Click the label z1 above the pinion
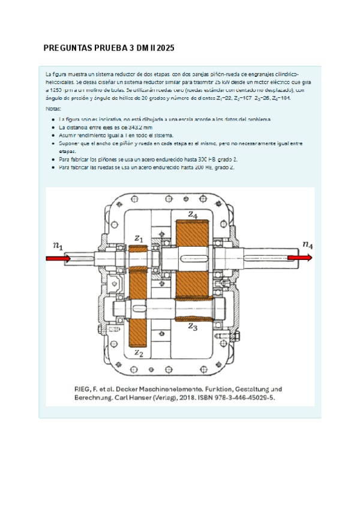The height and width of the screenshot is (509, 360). pos(139,239)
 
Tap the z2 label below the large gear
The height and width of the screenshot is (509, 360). pos(139,354)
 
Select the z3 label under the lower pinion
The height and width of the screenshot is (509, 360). pos(192,327)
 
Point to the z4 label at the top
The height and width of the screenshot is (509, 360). pos(192,214)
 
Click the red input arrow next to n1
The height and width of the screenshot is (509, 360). pos(59,258)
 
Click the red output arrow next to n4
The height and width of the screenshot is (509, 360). pos(299,258)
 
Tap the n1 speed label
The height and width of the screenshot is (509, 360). pos(58,245)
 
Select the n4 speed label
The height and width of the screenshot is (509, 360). pos(307,244)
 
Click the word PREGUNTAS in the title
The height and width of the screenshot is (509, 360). pos(66,47)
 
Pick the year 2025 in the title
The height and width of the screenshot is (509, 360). pos(164,47)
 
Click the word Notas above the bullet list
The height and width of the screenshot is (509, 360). pos(53,109)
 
